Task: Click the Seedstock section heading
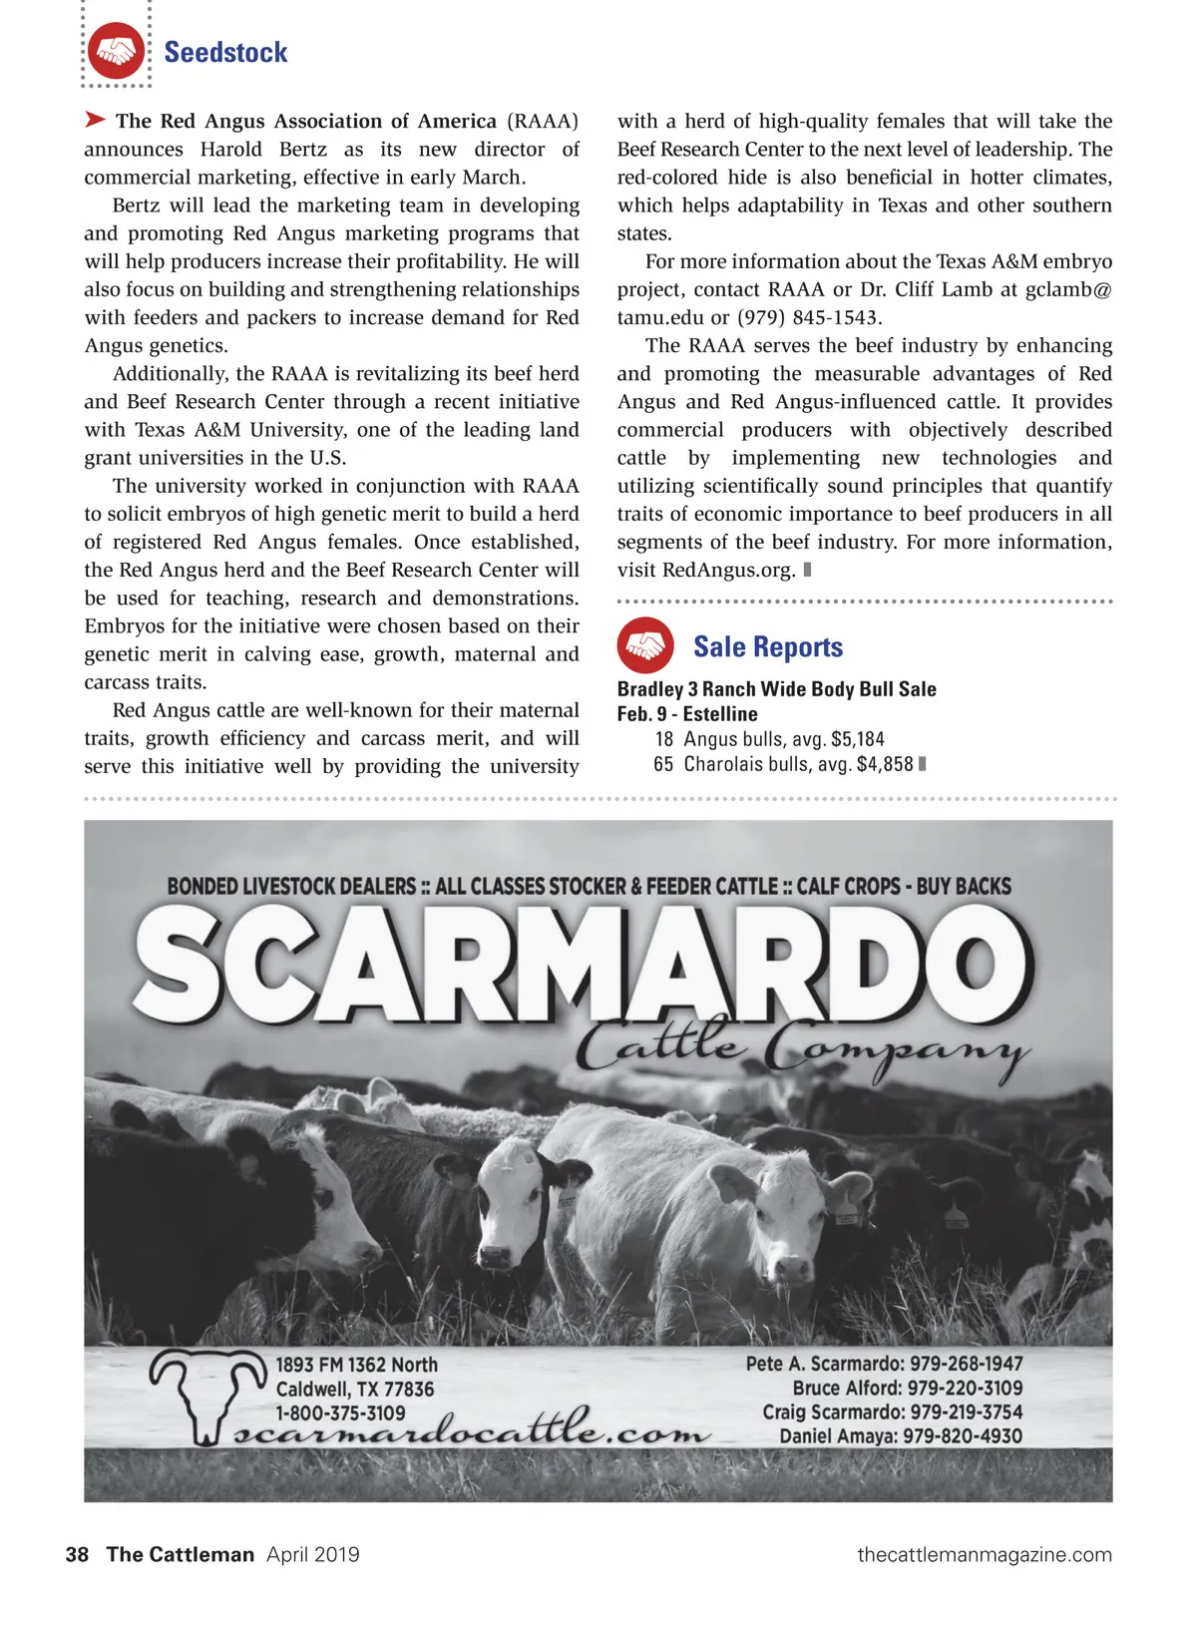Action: (x=225, y=52)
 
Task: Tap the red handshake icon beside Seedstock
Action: (x=116, y=51)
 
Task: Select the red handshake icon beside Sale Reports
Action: (x=645, y=645)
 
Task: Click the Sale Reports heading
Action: (x=768, y=647)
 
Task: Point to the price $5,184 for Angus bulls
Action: (x=858, y=739)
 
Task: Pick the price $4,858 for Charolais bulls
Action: (x=885, y=764)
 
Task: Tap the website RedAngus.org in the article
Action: (x=728, y=571)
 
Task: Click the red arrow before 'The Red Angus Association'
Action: (x=95, y=121)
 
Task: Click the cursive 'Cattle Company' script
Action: (x=803, y=1047)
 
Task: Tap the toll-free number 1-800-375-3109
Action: (x=340, y=1414)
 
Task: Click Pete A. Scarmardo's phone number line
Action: (x=884, y=1364)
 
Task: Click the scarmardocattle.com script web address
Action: (x=474, y=1433)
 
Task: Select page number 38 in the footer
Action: (x=77, y=1554)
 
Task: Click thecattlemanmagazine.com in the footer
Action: (x=984, y=1554)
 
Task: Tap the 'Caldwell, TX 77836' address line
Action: (x=355, y=1389)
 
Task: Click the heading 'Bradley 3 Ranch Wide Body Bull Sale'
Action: (x=776, y=689)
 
